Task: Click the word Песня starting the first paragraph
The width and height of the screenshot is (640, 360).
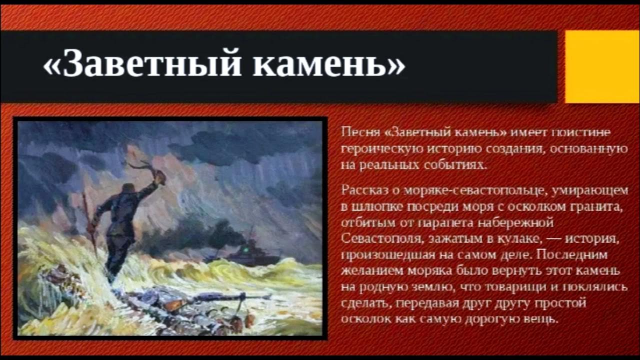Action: [356, 133]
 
